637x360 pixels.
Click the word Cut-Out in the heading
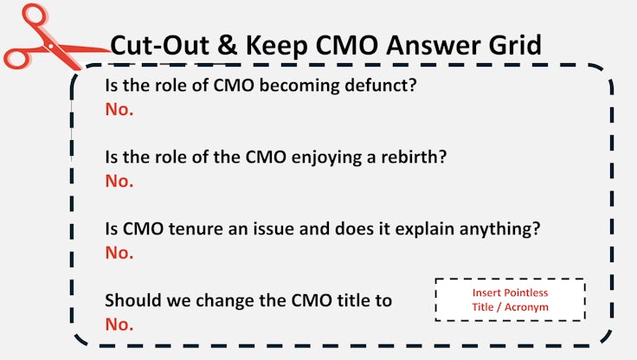pos(160,45)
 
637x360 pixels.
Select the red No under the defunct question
pos(119,109)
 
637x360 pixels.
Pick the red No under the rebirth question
pos(119,181)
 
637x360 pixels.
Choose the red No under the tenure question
pos(119,253)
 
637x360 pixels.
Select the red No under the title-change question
pos(119,325)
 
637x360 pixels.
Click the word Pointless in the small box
pos(526,292)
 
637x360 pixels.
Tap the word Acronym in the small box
pos(526,307)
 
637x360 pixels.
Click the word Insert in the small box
pos(486,292)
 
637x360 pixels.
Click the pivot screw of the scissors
pos(50,47)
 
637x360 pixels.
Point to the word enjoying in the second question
pos(325,157)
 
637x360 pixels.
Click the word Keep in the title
pos(277,46)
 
